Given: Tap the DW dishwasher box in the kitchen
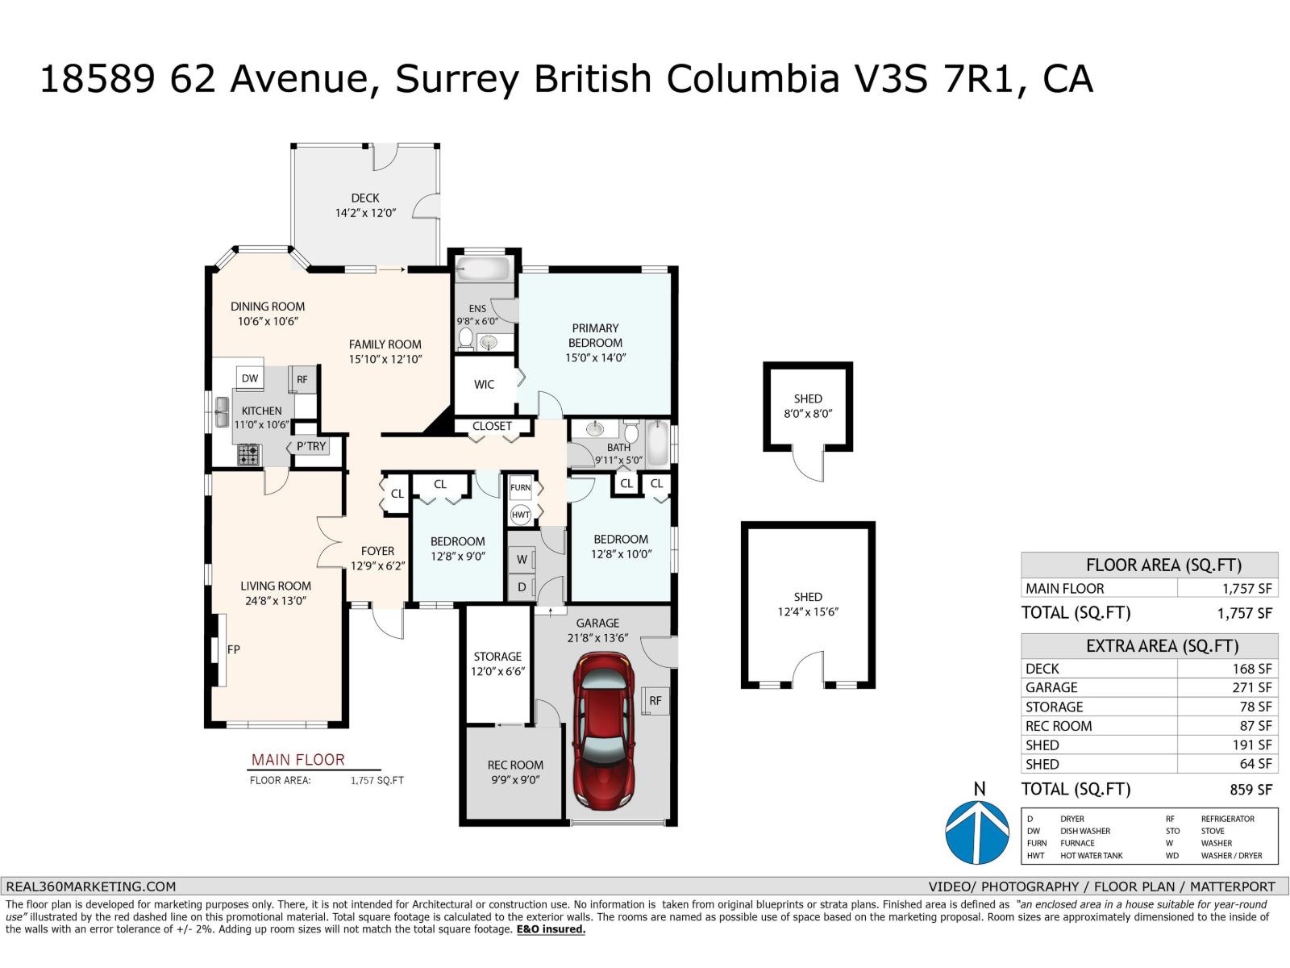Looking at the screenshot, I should tap(250, 378).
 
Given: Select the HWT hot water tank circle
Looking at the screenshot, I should tap(521, 514).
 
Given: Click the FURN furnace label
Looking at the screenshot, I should tap(521, 487).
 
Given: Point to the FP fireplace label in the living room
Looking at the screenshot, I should tap(233, 649).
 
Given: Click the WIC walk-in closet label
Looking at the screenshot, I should tap(484, 385).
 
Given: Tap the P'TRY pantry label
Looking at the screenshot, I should tap(311, 446).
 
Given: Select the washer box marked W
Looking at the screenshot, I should tap(522, 559).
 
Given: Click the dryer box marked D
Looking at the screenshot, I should tap(522, 587).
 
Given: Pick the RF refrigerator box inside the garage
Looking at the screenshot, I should tap(655, 700).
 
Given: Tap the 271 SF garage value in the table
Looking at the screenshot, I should tap(1253, 687).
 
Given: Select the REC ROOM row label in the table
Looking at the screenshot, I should tap(1059, 726).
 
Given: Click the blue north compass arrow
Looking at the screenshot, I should tap(978, 833).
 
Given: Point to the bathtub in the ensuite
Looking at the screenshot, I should tap(482, 269).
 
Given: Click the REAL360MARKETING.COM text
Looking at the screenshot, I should tap(90, 886).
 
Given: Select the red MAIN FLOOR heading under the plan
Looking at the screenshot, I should tap(298, 760).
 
